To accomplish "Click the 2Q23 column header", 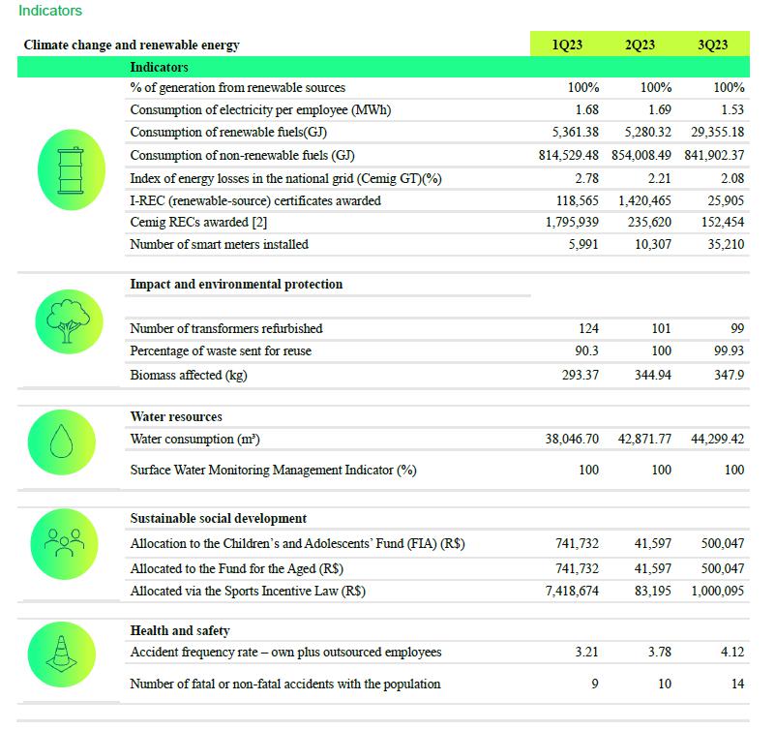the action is click(x=640, y=45).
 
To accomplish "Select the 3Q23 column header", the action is click(x=713, y=45).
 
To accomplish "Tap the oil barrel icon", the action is click(x=72, y=170).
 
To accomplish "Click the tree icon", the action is click(x=68, y=321).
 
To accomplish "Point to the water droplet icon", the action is click(x=61, y=441).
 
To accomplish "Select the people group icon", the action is click(x=64, y=543).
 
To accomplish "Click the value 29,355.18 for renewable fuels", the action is click(x=717, y=132).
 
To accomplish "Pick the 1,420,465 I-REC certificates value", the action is click(x=644, y=200).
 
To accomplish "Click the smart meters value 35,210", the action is click(x=726, y=244).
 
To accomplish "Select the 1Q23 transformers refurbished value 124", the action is click(x=588, y=328).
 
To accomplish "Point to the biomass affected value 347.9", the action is click(x=729, y=375).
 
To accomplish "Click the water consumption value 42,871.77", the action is click(x=644, y=440).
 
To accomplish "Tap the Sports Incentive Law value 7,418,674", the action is click(x=572, y=591).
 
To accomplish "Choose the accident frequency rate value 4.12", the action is click(x=732, y=652).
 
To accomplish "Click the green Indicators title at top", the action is click(x=50, y=11).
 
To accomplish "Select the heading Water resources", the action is click(x=176, y=416).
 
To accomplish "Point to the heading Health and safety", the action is click(x=180, y=630).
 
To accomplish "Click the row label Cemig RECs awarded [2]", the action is click(x=198, y=222).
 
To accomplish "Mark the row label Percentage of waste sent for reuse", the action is click(x=221, y=350).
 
